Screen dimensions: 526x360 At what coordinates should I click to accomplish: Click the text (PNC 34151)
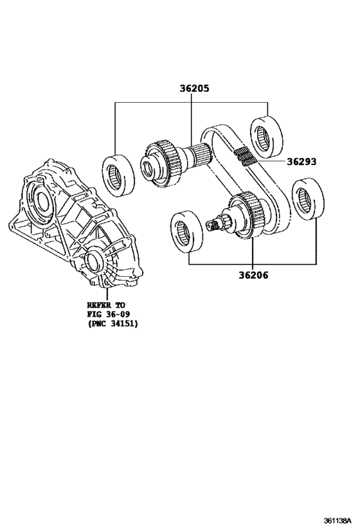[x=113, y=324]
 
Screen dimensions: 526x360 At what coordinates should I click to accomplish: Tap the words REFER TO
[x=107, y=305]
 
